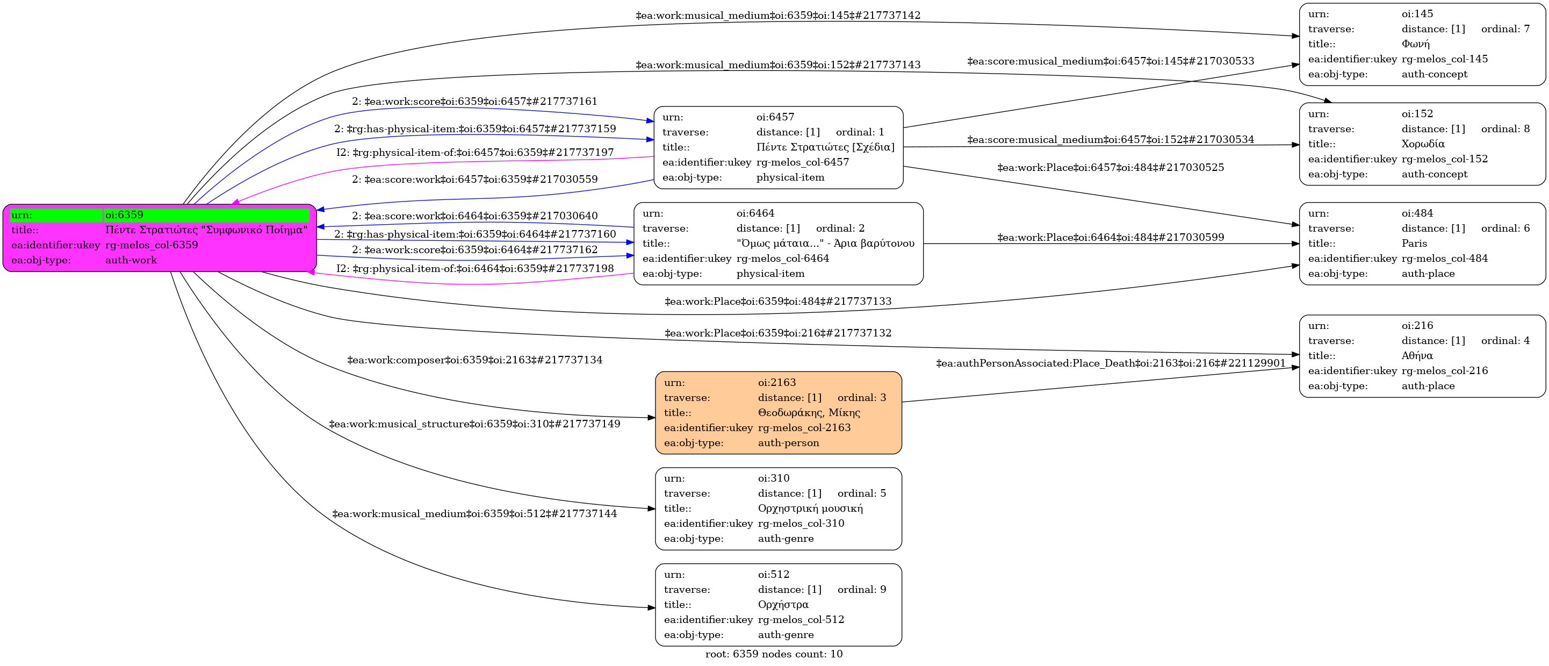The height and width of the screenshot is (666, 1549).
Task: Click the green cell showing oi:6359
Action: point(207,215)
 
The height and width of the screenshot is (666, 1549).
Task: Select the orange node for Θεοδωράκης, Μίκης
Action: point(778,413)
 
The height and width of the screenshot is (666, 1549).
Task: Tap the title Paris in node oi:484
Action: point(1414,244)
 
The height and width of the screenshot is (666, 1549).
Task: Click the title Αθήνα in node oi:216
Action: point(1417,355)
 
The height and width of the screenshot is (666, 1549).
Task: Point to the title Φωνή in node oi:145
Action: point(1416,44)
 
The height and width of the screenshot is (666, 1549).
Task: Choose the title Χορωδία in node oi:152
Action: point(1423,144)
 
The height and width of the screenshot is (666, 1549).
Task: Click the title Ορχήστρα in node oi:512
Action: point(783,605)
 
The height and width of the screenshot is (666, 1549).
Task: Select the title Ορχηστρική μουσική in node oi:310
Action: point(810,509)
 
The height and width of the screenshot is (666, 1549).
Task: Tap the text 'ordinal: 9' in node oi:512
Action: point(862,590)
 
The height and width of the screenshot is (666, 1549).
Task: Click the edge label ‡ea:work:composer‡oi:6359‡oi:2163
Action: point(474,360)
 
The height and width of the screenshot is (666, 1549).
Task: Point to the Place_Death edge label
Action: point(1111,363)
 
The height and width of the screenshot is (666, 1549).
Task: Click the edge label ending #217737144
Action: point(474,514)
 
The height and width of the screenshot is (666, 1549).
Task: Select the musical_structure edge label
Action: point(474,424)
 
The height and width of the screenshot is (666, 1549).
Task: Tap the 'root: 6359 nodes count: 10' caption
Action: point(774,654)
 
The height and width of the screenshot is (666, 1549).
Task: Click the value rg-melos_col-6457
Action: point(802,162)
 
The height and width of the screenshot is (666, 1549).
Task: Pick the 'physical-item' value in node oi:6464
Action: point(770,274)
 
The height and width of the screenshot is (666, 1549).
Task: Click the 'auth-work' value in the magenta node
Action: point(131,261)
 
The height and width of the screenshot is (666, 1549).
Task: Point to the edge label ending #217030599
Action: point(1110,238)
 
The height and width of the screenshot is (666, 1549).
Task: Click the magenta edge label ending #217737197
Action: point(475,153)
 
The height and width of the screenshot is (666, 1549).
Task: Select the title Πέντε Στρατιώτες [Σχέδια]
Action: point(825,147)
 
